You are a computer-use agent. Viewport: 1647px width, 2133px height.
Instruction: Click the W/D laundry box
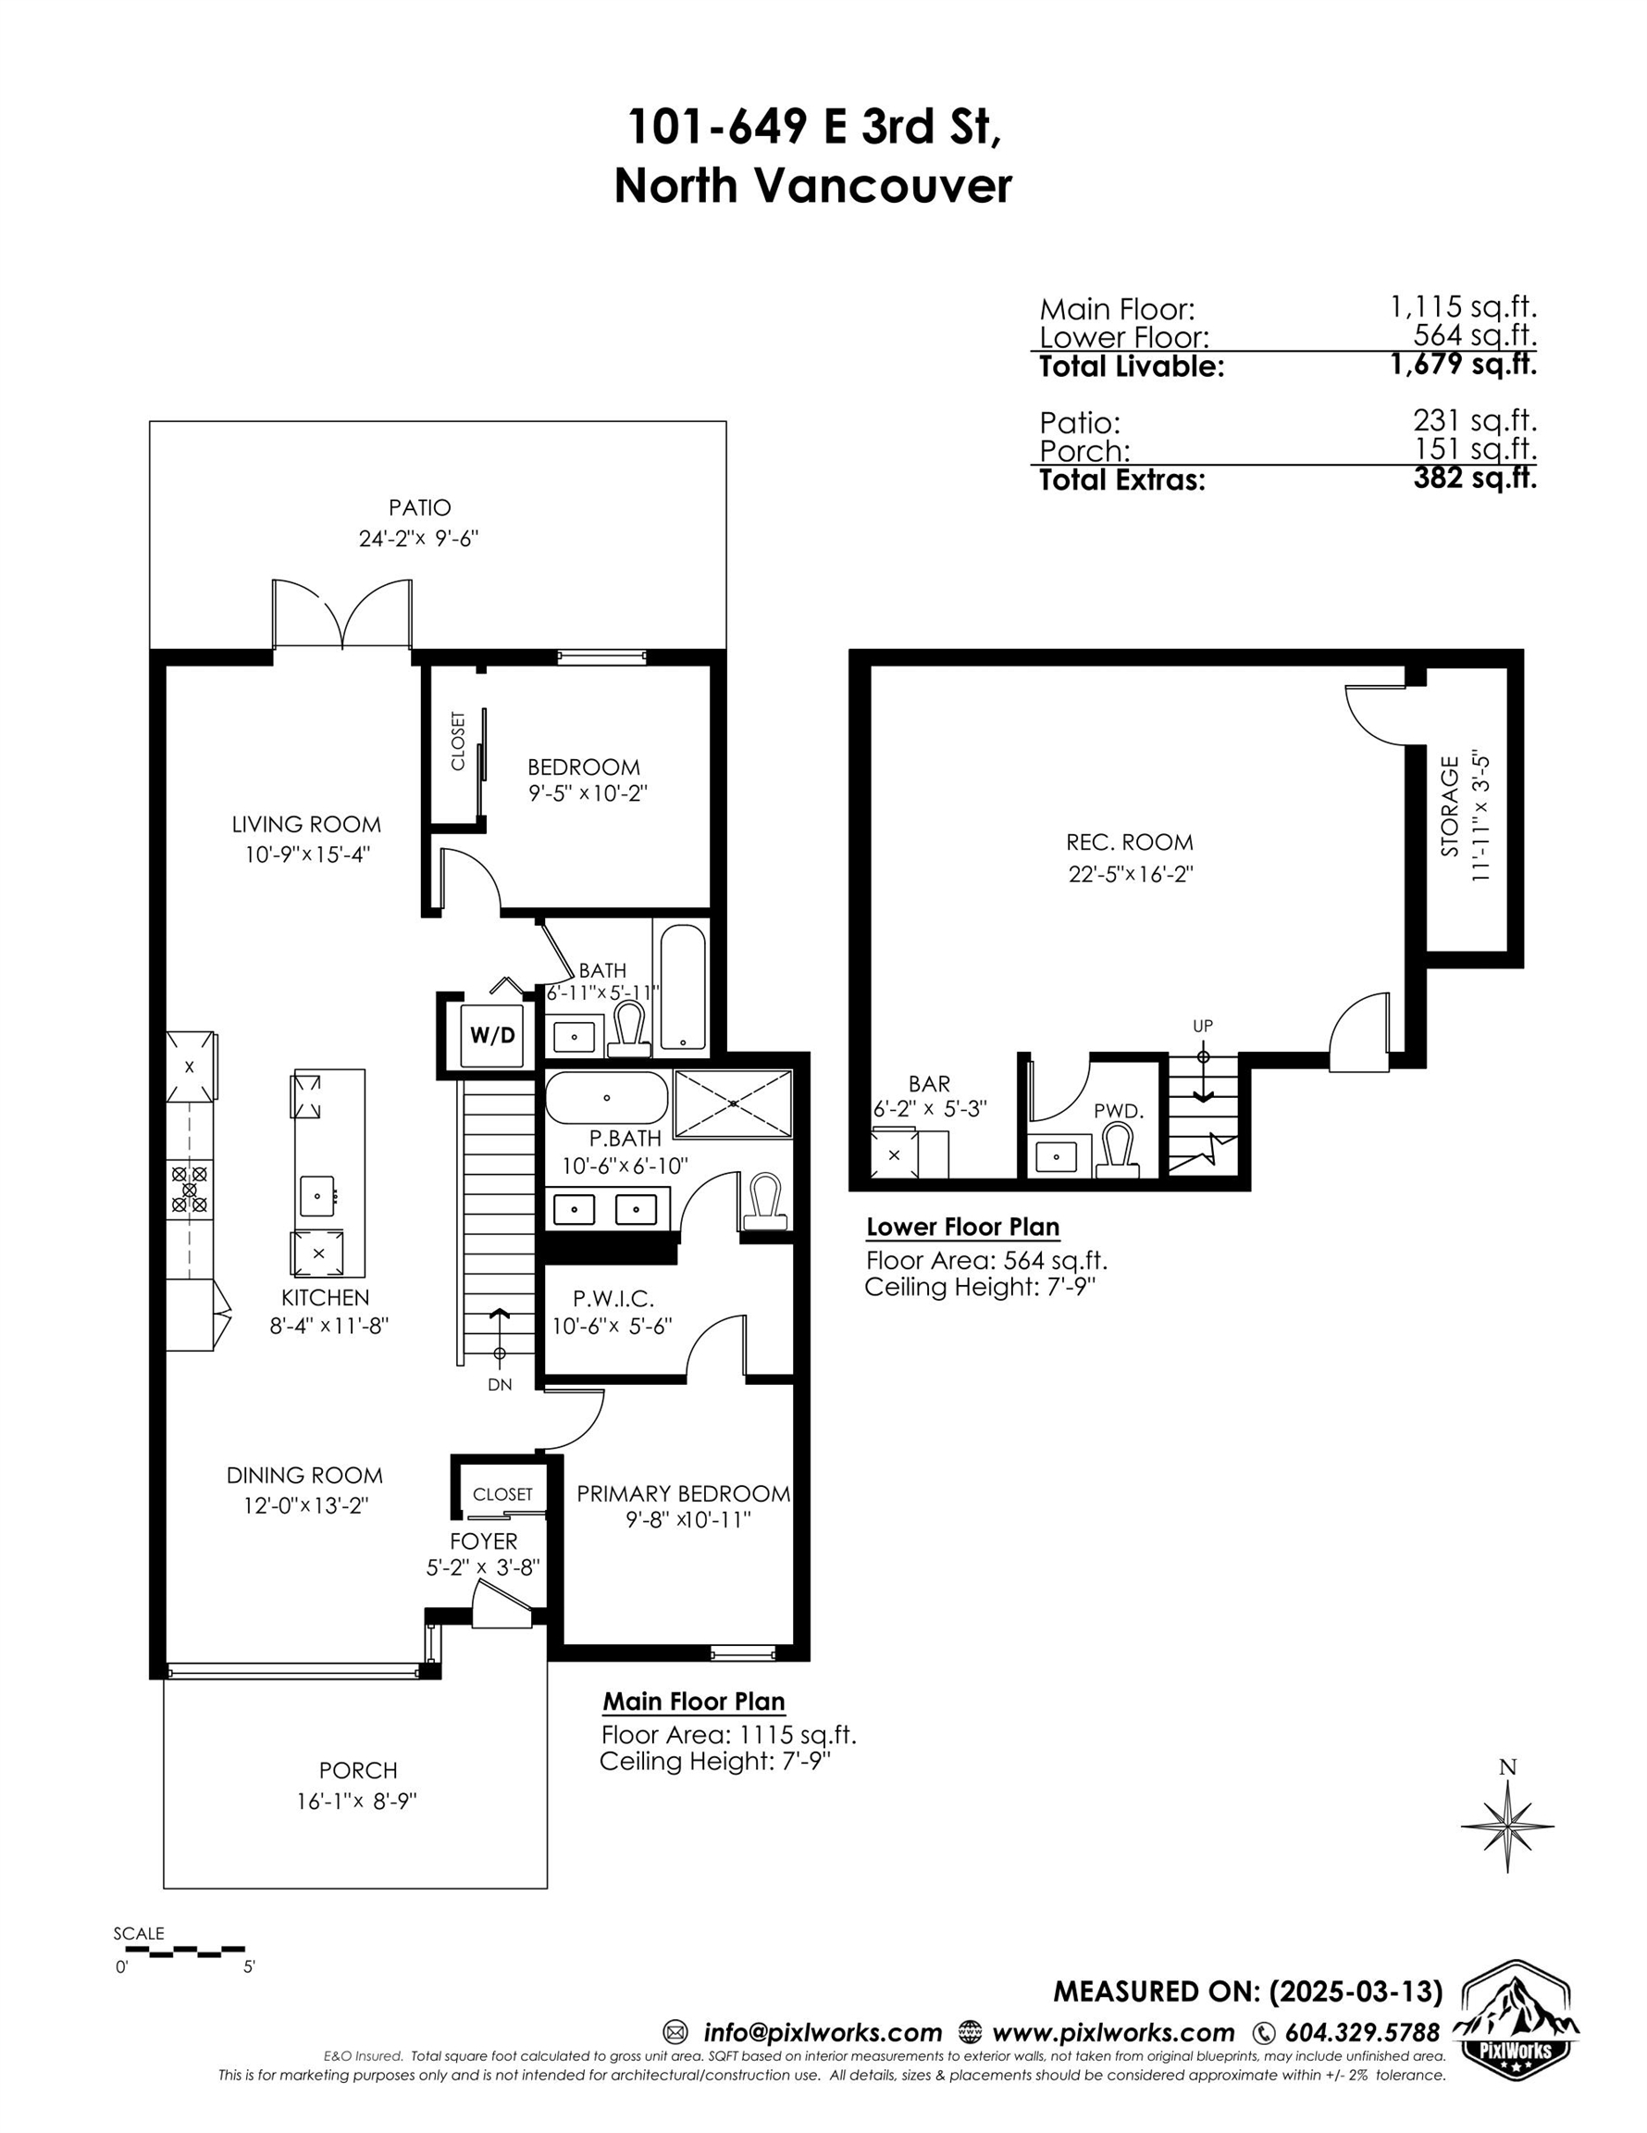[492, 1035]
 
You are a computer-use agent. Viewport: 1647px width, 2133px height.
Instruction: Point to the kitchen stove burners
[190, 1191]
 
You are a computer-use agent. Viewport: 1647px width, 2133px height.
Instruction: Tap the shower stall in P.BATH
[733, 1104]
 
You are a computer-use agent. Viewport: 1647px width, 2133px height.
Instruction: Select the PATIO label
[420, 508]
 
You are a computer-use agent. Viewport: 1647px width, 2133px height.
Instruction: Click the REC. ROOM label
[1130, 842]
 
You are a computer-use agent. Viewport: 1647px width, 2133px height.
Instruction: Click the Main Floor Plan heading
[693, 1701]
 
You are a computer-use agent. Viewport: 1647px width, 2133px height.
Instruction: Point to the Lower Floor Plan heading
[962, 1227]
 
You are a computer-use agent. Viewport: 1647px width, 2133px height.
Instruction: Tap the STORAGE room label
[1450, 806]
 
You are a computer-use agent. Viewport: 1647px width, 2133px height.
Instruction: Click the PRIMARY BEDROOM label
[684, 1493]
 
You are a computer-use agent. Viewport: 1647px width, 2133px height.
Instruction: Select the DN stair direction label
[500, 1385]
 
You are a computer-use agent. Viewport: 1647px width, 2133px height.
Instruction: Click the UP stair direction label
[1203, 1026]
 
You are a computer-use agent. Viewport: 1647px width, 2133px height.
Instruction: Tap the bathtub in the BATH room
[683, 988]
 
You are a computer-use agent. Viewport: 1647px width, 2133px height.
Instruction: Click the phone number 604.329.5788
[1362, 2032]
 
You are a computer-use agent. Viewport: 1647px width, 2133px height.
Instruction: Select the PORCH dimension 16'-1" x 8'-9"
[357, 1801]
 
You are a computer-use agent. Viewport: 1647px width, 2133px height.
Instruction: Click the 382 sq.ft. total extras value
[1475, 478]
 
